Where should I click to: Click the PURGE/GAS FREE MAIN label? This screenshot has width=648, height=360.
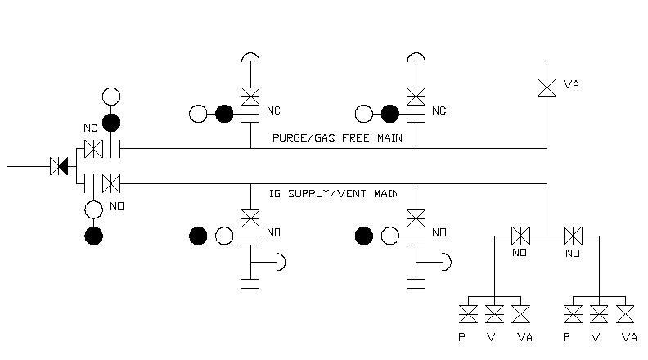337,138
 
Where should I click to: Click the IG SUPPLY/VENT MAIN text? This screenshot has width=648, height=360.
334,194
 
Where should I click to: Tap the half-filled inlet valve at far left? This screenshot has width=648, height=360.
59,166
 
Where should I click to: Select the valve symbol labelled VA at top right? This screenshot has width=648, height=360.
547,85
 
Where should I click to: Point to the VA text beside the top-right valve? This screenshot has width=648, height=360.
571,84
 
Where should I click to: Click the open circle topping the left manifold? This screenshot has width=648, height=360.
111,97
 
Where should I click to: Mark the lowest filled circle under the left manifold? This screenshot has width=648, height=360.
94,236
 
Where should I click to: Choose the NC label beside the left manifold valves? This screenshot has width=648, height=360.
90,129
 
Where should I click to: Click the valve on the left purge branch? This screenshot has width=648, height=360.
250,97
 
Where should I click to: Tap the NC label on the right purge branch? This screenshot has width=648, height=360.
439,110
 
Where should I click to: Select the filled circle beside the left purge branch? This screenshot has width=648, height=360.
224,114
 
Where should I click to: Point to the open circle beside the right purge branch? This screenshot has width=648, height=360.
363,114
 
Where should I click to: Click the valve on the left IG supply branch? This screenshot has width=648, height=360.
250,217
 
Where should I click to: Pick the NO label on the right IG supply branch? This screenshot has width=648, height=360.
439,233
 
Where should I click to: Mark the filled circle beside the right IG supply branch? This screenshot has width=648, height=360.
364,236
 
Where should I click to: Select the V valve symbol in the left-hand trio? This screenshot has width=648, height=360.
494,313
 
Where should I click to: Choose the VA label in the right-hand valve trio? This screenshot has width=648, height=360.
628,337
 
